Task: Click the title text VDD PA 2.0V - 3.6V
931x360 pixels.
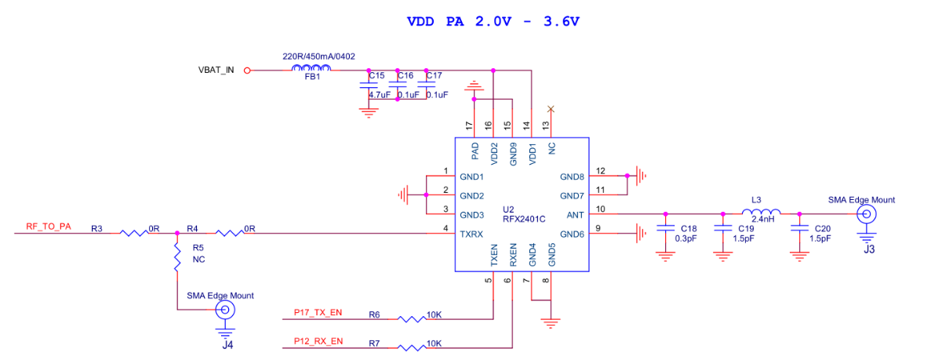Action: [x=493, y=21]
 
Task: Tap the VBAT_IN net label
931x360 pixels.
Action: [x=216, y=70]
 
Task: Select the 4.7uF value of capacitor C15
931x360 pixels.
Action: [x=379, y=94]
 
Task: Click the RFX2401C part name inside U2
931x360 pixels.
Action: [x=524, y=219]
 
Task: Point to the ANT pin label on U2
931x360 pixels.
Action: [x=575, y=214]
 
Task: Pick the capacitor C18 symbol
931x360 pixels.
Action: [x=665, y=227]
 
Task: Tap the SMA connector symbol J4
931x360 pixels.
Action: [x=225, y=309]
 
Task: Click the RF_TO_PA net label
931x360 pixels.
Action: [x=49, y=226]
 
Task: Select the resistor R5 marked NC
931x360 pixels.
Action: [x=177, y=258]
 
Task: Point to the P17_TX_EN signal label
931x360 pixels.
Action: [x=318, y=312]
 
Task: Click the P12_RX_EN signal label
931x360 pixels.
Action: [x=318, y=341]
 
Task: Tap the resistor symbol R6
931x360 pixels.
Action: [x=411, y=319]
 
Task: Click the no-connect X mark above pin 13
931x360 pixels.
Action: [x=551, y=109]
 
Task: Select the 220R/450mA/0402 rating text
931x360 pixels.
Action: [x=318, y=57]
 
